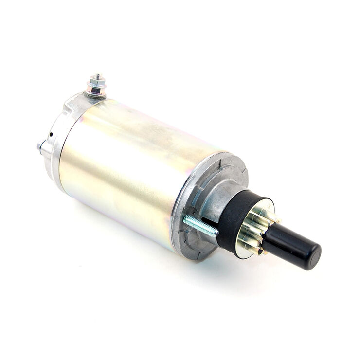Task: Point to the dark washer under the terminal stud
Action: tap(96, 95)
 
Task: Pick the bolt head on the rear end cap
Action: tap(40, 146)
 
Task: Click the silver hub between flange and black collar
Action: tap(219, 199)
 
